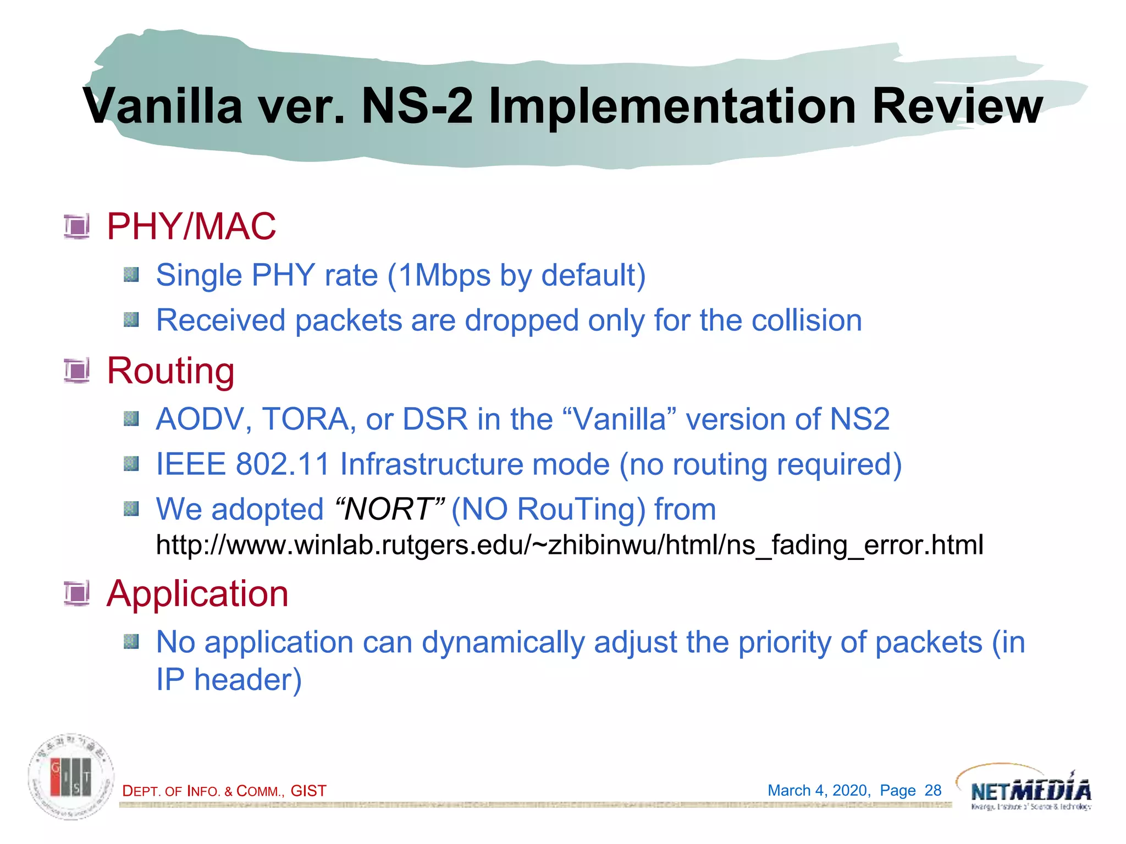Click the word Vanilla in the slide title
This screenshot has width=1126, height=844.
[163, 106]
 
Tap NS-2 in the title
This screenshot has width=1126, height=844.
[417, 106]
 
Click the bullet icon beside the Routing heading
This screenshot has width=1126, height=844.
[76, 370]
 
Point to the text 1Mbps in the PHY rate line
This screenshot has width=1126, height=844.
[444, 275]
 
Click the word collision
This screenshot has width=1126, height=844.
[806, 320]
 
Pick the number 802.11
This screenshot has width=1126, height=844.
[283, 464]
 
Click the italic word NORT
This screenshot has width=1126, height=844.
[389, 509]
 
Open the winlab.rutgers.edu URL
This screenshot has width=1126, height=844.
[569, 545]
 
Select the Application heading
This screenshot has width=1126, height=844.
[197, 593]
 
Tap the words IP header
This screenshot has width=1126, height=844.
[229, 680]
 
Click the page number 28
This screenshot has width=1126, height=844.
[932, 790]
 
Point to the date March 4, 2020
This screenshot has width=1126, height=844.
[818, 790]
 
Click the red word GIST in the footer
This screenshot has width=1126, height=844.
[308, 791]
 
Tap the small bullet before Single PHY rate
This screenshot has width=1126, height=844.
[131, 274]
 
